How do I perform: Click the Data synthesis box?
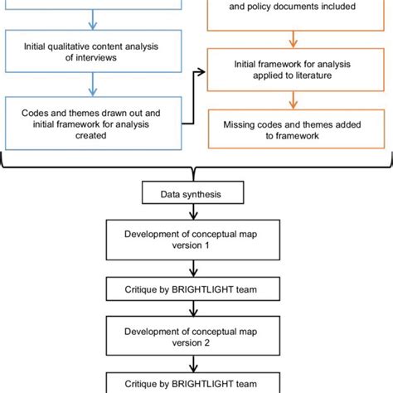[x=192, y=197]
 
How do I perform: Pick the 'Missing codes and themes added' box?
[x=296, y=130]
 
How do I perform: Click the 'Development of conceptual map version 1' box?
[x=192, y=240]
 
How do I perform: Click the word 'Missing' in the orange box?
[x=240, y=124]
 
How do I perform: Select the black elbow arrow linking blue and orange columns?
[x=194, y=98]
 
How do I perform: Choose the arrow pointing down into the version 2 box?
[x=192, y=310]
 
